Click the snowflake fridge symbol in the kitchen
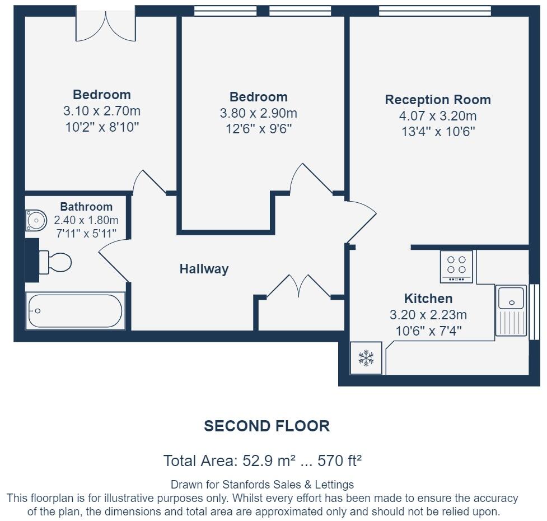coord(366,358)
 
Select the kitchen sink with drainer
coord(511,310)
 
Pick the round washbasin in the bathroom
coord(36,220)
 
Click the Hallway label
coord(204,269)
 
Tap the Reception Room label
coord(438,100)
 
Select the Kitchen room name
coord(428,299)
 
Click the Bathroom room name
coord(86,207)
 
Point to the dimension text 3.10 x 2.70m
coord(102,111)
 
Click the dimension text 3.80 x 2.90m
coord(258,113)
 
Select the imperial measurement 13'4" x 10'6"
coord(438,132)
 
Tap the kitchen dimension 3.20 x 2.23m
coord(428,315)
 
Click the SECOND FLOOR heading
coord(267,426)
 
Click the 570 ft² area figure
coord(339,460)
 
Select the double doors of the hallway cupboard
coord(299,285)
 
